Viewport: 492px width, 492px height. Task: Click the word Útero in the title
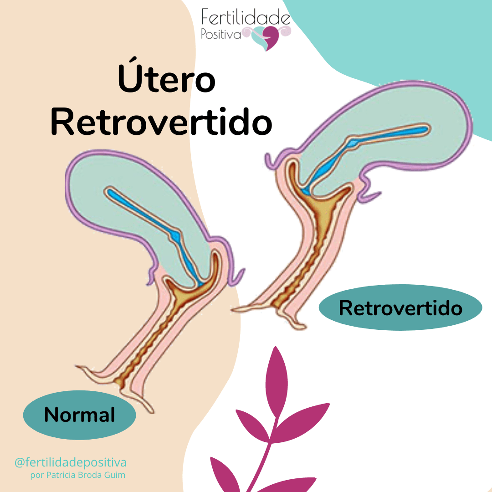[x=166, y=79]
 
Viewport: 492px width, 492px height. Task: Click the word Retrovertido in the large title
[x=162, y=120]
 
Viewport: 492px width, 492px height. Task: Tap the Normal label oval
[x=79, y=415]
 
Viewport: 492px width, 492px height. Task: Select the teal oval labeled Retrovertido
[x=400, y=308]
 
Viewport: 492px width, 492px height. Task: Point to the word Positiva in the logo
[x=221, y=34]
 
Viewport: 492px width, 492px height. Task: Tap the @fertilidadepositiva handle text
[x=71, y=462]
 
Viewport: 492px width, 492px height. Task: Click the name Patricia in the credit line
[x=62, y=475]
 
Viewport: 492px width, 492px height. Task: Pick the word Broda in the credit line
[x=91, y=475]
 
